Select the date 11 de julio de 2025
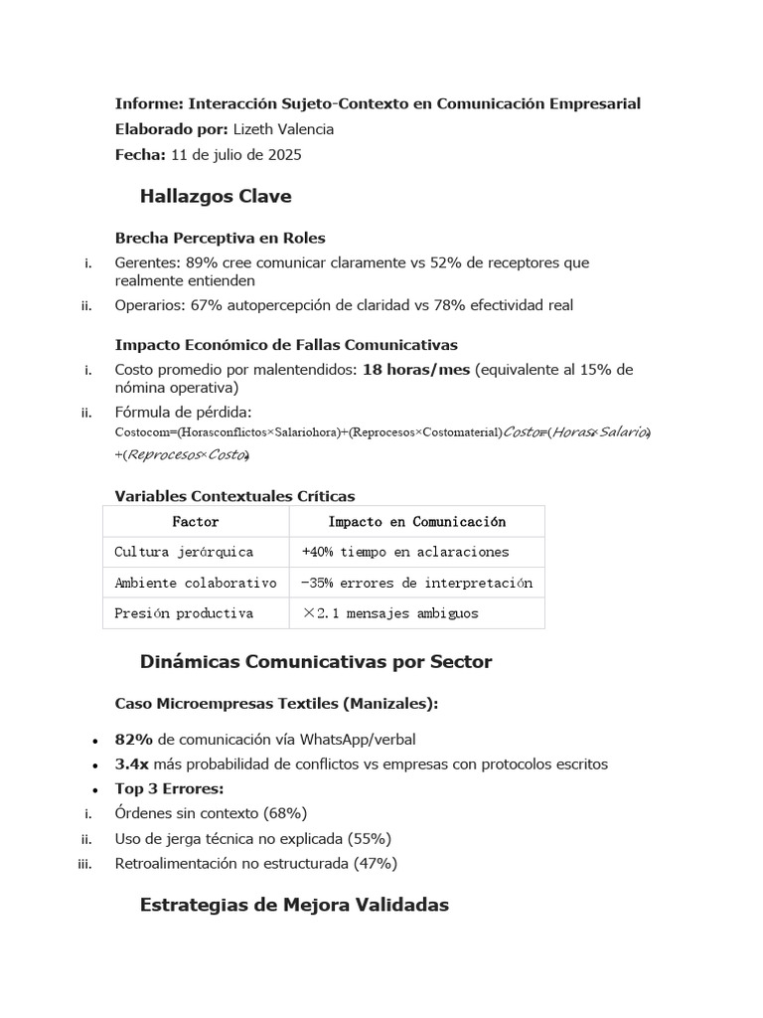pyautogui.click(x=236, y=155)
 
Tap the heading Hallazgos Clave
pyautogui.click(x=216, y=197)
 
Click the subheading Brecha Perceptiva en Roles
pyautogui.click(x=220, y=238)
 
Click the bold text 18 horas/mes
pyautogui.click(x=416, y=370)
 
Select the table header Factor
pyautogui.click(x=196, y=521)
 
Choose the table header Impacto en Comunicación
pyautogui.click(x=416, y=521)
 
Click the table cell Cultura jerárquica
pyautogui.click(x=184, y=552)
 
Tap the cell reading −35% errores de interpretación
pyautogui.click(x=417, y=583)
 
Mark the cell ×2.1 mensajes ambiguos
pyautogui.click(x=390, y=613)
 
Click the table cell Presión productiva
pyautogui.click(x=184, y=613)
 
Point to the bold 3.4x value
pyautogui.click(x=132, y=764)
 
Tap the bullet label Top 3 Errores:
pyautogui.click(x=156, y=788)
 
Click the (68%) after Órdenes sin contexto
pyautogui.click(x=285, y=813)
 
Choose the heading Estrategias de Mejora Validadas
pyautogui.click(x=294, y=905)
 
